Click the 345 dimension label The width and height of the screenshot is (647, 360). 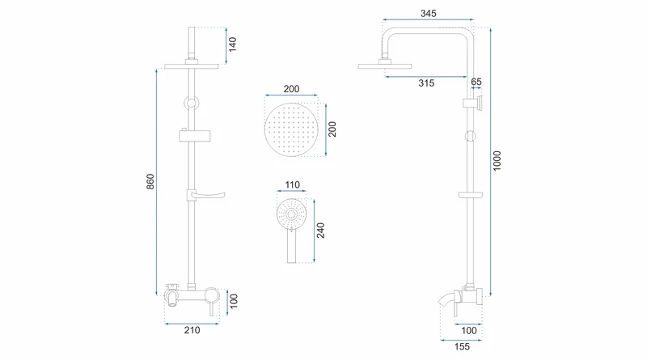429,13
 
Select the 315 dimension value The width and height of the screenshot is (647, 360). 426,83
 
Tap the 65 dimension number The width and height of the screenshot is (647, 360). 476,82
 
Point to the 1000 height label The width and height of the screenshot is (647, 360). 497,161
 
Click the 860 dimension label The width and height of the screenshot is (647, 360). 150,182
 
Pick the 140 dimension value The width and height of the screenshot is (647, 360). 232,44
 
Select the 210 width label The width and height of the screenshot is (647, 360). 192,330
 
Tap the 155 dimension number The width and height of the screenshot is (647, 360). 462,347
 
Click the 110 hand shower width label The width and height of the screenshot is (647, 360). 292,184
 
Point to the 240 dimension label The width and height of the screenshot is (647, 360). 320,231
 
